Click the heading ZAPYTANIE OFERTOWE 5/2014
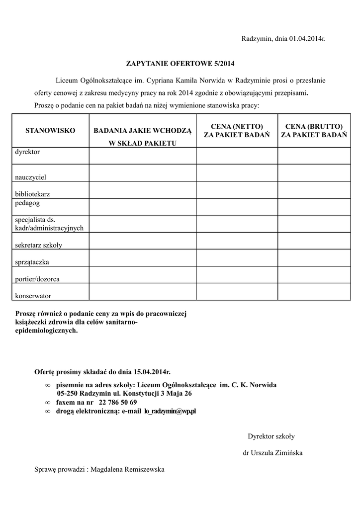(180, 64)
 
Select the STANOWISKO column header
(50, 130)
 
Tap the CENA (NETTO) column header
(237, 130)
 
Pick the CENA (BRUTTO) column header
(313, 130)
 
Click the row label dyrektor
(27, 152)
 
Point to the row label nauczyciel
(31, 176)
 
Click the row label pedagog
(27, 203)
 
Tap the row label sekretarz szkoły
(38, 245)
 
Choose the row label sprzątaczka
(32, 261)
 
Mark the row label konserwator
(33, 296)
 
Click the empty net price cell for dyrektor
(237, 156)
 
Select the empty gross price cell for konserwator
(313, 292)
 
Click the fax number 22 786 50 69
(118, 402)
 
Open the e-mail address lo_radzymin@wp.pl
(170, 411)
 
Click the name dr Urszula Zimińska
(272, 453)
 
